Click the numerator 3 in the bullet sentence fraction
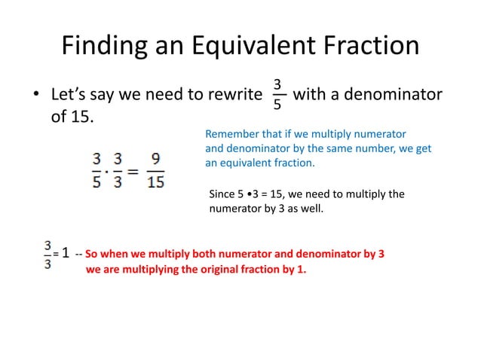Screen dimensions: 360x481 (277, 84)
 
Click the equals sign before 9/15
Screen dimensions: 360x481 (133, 171)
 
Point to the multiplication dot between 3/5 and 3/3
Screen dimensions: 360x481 (106, 171)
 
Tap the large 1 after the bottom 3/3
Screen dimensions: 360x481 (66, 254)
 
